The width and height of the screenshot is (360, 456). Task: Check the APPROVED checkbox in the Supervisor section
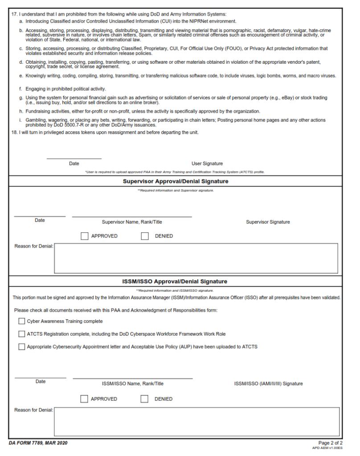[85, 236]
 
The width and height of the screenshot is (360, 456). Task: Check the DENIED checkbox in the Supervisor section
[145, 236]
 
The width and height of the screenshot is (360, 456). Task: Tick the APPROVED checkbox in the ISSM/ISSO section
[84, 399]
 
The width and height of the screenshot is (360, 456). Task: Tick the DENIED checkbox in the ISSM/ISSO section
[144, 399]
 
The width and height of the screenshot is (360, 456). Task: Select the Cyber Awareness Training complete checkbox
[22, 321]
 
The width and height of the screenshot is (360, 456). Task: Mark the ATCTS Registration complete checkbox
[22, 334]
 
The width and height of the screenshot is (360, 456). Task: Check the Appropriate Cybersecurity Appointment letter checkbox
[22, 346]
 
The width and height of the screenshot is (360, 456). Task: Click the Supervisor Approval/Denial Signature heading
[176, 181]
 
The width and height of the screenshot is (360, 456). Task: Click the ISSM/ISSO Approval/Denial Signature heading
[175, 281]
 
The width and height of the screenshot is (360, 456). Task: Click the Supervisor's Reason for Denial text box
[196, 258]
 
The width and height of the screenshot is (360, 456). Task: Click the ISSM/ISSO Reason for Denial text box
[196, 421]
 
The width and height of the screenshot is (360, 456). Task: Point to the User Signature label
[207, 163]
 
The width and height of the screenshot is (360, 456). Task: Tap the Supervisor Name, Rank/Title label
[132, 222]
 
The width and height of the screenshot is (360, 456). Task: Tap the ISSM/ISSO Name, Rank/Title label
[133, 383]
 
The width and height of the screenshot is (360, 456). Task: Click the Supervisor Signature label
[268, 222]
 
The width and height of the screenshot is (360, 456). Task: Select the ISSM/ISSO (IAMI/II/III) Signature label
[268, 383]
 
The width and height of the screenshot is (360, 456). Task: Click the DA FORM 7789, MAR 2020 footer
[38, 443]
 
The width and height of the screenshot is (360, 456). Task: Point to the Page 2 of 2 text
[330, 443]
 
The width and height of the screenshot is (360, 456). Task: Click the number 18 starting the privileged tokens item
[14, 132]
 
